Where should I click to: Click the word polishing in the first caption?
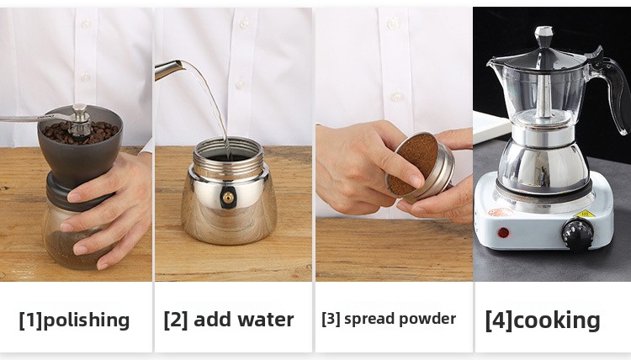point(86,320)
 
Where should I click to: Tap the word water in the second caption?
point(266,320)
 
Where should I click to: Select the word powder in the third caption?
point(427,319)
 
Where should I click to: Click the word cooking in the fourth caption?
point(557,320)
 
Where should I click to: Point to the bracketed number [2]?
point(176,320)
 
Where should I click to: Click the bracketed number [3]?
point(331,319)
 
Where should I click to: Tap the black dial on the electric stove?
point(577,235)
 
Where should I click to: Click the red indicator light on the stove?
point(503,232)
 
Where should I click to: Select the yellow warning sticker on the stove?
point(585,214)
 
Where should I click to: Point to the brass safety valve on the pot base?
point(228,198)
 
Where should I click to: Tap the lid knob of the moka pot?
point(544,37)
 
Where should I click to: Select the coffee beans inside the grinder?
point(80,132)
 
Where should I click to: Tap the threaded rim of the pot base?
point(228,157)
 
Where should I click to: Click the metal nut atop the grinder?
point(79,112)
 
